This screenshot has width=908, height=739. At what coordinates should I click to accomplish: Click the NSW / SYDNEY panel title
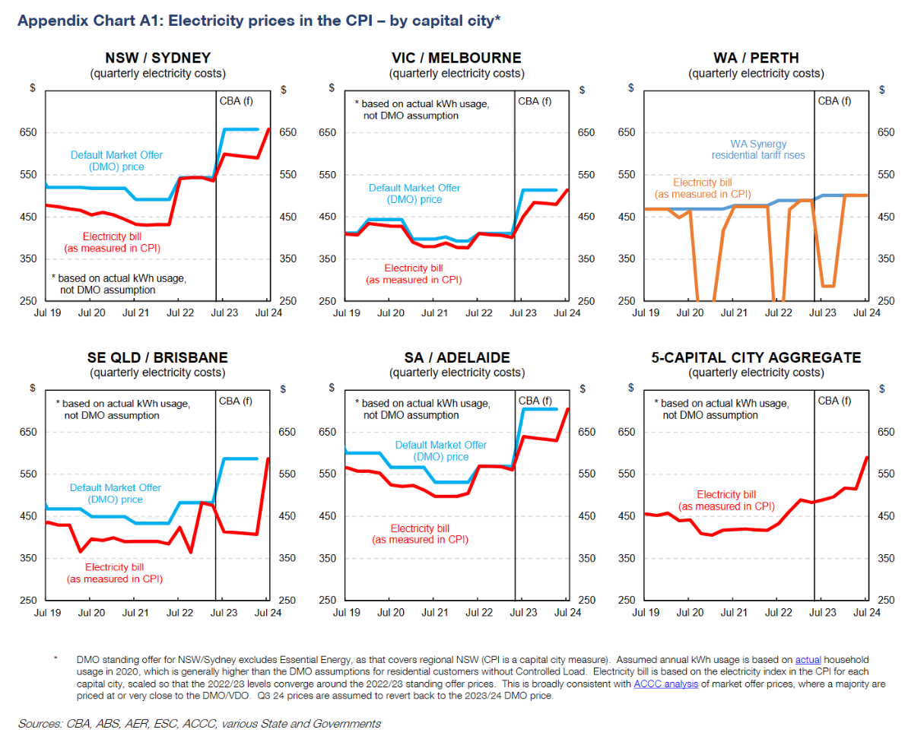point(157,58)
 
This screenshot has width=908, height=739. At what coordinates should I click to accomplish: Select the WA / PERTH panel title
point(756,58)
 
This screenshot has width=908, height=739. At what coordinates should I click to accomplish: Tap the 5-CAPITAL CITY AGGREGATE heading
point(756,357)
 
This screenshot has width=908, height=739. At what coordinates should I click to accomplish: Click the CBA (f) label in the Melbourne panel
point(535,101)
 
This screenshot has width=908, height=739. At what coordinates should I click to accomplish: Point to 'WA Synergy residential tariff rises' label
point(757,149)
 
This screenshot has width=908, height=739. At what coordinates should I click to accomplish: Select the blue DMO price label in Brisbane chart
point(116,493)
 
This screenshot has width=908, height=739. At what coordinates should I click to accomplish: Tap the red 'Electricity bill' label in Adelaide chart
point(420,534)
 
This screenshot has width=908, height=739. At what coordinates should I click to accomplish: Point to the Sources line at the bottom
point(199,723)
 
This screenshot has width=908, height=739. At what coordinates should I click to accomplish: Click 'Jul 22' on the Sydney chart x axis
point(179,312)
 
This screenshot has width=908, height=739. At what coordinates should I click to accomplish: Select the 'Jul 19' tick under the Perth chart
point(645,312)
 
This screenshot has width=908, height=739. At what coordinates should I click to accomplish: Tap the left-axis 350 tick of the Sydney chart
point(27,258)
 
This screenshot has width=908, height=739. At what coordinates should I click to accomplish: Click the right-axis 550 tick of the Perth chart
point(882,175)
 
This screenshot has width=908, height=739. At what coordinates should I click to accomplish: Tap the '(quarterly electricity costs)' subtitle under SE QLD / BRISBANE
point(157,373)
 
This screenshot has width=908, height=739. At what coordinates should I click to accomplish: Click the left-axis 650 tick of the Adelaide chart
point(327,432)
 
